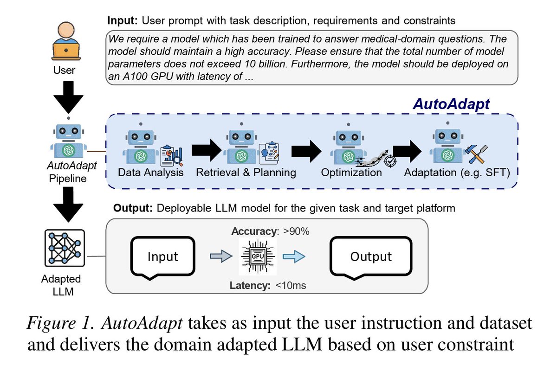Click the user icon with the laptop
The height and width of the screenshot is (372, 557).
(66, 41)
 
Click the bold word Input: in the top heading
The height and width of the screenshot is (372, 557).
(123, 20)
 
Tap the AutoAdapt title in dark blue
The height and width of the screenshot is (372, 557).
(451, 103)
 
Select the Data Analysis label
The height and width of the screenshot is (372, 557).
(151, 173)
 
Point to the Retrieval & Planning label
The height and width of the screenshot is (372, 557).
(246, 173)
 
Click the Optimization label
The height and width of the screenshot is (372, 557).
(351, 173)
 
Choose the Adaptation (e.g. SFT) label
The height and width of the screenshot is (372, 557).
(457, 173)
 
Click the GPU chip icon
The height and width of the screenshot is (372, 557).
(258, 257)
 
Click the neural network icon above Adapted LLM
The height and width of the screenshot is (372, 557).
(65, 248)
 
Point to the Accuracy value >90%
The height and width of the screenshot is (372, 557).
(296, 231)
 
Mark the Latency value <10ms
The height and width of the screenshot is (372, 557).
(291, 286)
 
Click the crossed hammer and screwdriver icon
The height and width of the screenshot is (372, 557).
(476, 154)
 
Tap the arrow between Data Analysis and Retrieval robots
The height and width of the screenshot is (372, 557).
(207, 150)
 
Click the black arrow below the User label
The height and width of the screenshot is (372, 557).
(68, 97)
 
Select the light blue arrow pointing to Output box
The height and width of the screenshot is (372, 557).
(294, 257)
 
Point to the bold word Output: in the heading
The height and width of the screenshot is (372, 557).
(133, 208)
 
